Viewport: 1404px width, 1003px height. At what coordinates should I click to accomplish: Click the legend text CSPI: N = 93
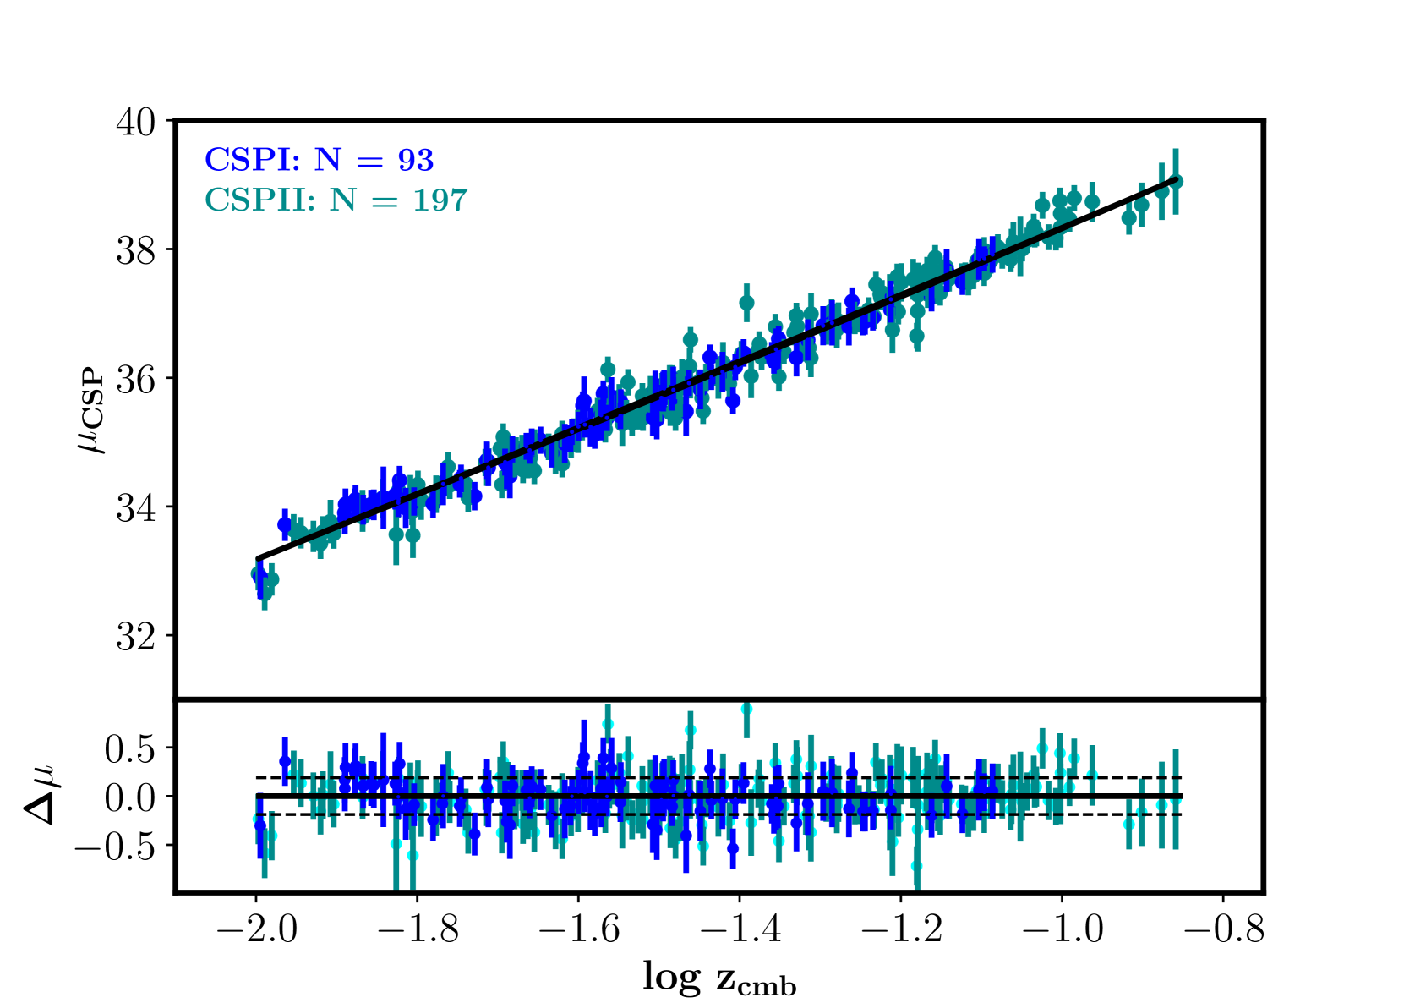pyautogui.click(x=319, y=159)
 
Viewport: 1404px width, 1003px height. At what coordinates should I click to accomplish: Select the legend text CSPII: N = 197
pyautogui.click(x=336, y=200)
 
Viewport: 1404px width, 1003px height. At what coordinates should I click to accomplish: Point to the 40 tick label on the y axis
pyautogui.click(x=135, y=122)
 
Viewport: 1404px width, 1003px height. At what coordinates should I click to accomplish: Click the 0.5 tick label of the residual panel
pyautogui.click(x=129, y=749)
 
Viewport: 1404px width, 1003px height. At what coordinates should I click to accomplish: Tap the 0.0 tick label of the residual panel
pyautogui.click(x=129, y=797)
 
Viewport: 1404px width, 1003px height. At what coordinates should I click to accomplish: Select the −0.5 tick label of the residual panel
pyautogui.click(x=115, y=847)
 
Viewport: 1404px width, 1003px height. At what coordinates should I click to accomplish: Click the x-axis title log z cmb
pyautogui.click(x=719, y=978)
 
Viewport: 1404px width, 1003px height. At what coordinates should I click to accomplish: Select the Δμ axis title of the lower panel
pyautogui.click(x=40, y=794)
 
